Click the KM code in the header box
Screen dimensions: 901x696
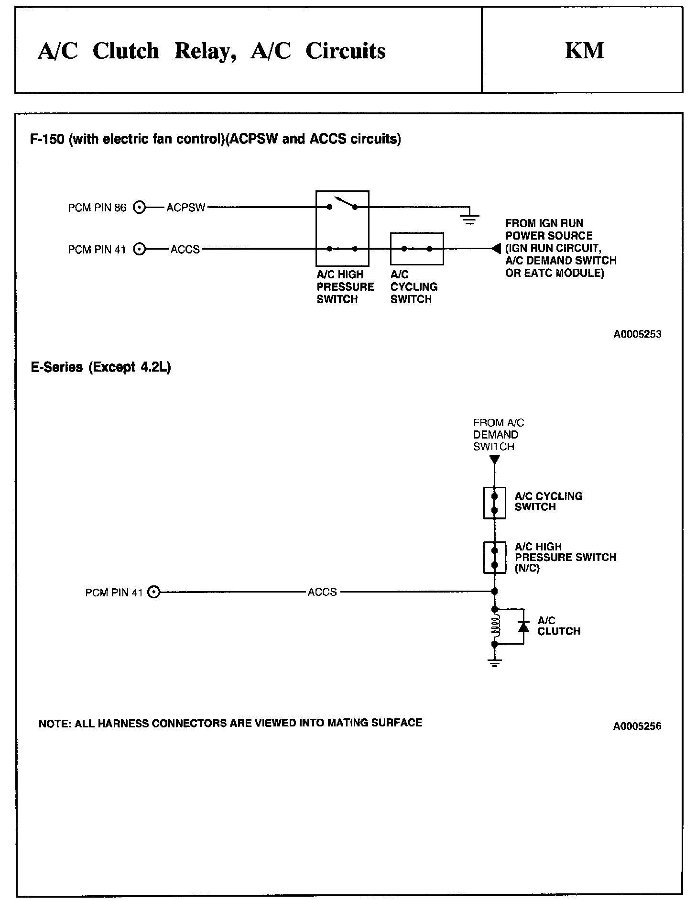tap(584, 51)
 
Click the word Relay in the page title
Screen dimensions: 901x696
tap(206, 51)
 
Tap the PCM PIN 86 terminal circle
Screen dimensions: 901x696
tap(139, 208)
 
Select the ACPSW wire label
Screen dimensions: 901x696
tap(186, 208)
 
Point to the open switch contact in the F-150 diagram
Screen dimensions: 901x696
tap(342, 203)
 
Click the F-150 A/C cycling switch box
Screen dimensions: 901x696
tap(417, 249)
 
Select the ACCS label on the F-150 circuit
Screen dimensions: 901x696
tap(185, 249)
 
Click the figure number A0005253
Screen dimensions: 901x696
tap(637, 334)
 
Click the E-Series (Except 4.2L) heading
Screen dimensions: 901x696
tap(101, 367)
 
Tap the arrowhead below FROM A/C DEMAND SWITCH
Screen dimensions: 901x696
tap(495, 460)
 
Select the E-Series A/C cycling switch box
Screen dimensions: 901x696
tap(495, 503)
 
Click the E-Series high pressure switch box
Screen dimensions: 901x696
tap(495, 558)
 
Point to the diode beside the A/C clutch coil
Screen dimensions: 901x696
tap(524, 626)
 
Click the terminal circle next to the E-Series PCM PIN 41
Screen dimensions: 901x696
tap(154, 592)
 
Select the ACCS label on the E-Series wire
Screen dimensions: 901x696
tap(322, 592)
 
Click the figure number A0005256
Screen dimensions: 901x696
tap(637, 726)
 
